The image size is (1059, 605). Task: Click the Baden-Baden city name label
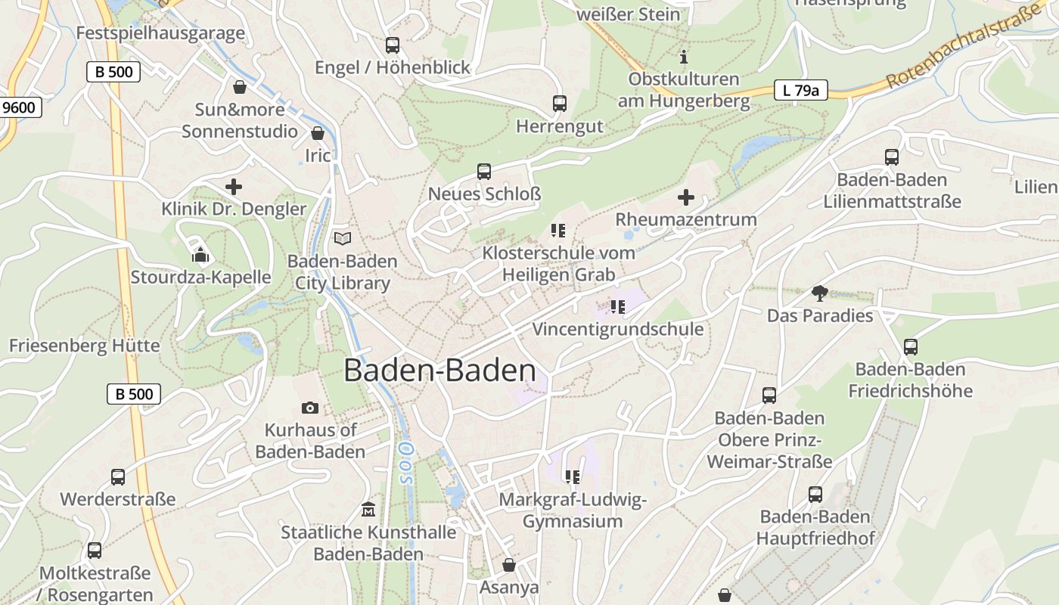(x=439, y=371)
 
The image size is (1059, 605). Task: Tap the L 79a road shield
(x=800, y=90)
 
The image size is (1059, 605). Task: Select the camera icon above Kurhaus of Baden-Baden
(x=309, y=408)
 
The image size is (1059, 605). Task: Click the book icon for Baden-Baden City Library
(x=343, y=238)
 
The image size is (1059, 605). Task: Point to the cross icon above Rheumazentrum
(x=685, y=197)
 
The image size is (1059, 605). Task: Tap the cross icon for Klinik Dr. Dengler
(x=234, y=186)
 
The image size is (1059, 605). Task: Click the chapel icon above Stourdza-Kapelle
(x=200, y=255)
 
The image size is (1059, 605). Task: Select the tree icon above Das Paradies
(x=819, y=293)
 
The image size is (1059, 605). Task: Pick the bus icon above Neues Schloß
(x=484, y=172)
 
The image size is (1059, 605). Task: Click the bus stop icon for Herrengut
(x=559, y=104)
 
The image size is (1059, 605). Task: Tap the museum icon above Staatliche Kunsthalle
(x=368, y=509)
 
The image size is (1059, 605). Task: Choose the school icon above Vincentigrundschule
(x=617, y=306)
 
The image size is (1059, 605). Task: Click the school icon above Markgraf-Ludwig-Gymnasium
(x=572, y=476)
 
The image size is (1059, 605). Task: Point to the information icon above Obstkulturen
(x=684, y=57)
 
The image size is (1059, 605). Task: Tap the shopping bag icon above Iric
(x=318, y=133)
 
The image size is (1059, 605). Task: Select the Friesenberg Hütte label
(x=85, y=346)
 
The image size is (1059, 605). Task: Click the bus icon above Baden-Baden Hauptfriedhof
(x=815, y=495)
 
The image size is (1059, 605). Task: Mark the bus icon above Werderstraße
(x=117, y=477)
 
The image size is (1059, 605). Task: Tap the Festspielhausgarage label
(x=160, y=33)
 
